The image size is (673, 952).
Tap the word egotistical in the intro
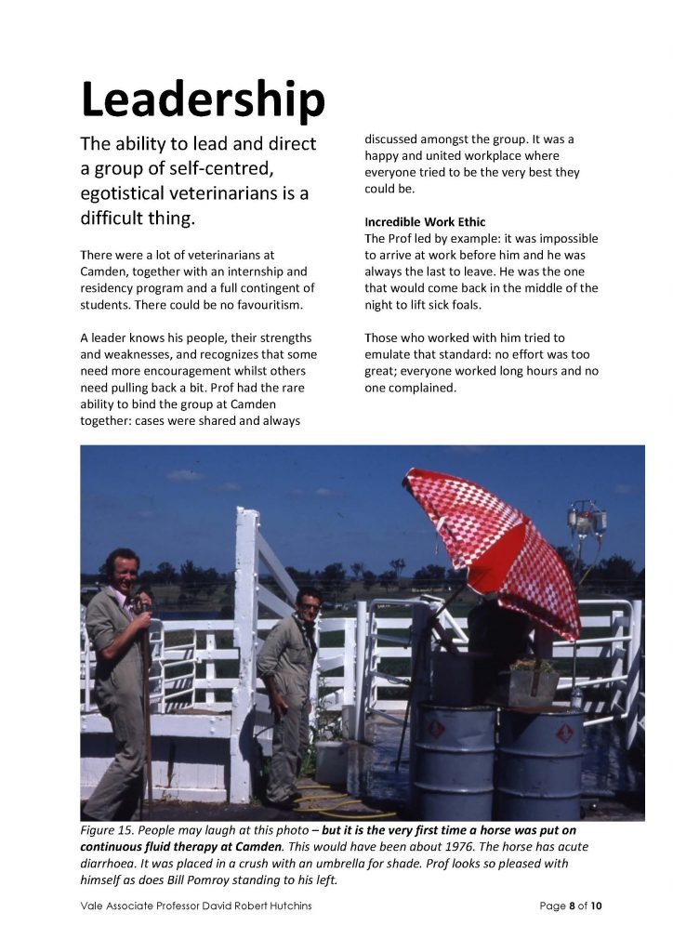[136, 196]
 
